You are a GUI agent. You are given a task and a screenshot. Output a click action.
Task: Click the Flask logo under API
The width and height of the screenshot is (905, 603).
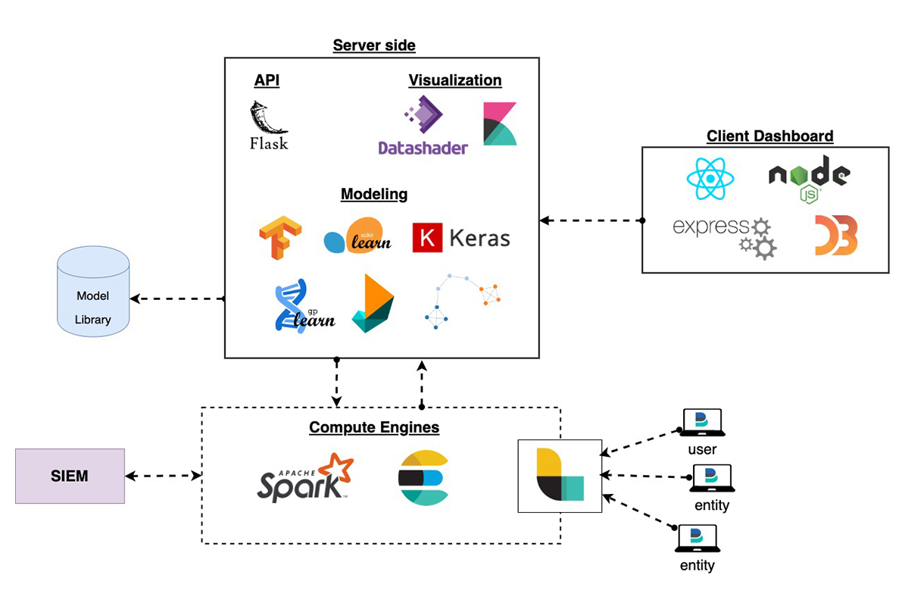click(x=268, y=125)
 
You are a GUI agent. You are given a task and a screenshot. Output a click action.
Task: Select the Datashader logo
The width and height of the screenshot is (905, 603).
click(x=423, y=127)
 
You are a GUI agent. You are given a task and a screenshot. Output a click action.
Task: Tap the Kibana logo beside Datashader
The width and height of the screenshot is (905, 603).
click(x=500, y=123)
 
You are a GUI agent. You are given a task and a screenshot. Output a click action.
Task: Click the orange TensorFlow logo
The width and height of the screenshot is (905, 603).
click(x=279, y=237)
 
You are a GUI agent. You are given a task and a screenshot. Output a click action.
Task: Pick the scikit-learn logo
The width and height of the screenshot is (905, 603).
click(x=357, y=236)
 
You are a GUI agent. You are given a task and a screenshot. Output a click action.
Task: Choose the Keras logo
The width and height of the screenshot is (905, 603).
click(x=461, y=238)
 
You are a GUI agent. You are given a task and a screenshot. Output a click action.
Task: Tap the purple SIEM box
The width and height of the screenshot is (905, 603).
click(x=70, y=476)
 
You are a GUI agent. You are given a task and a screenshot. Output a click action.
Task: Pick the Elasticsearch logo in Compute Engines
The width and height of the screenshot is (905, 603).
click(x=423, y=477)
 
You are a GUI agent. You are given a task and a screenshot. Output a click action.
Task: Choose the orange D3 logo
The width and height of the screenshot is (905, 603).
click(x=836, y=235)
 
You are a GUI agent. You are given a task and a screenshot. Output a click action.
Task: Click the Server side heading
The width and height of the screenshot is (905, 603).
click(x=374, y=45)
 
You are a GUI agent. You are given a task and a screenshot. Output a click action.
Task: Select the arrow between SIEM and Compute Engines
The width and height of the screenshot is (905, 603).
click(x=163, y=476)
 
